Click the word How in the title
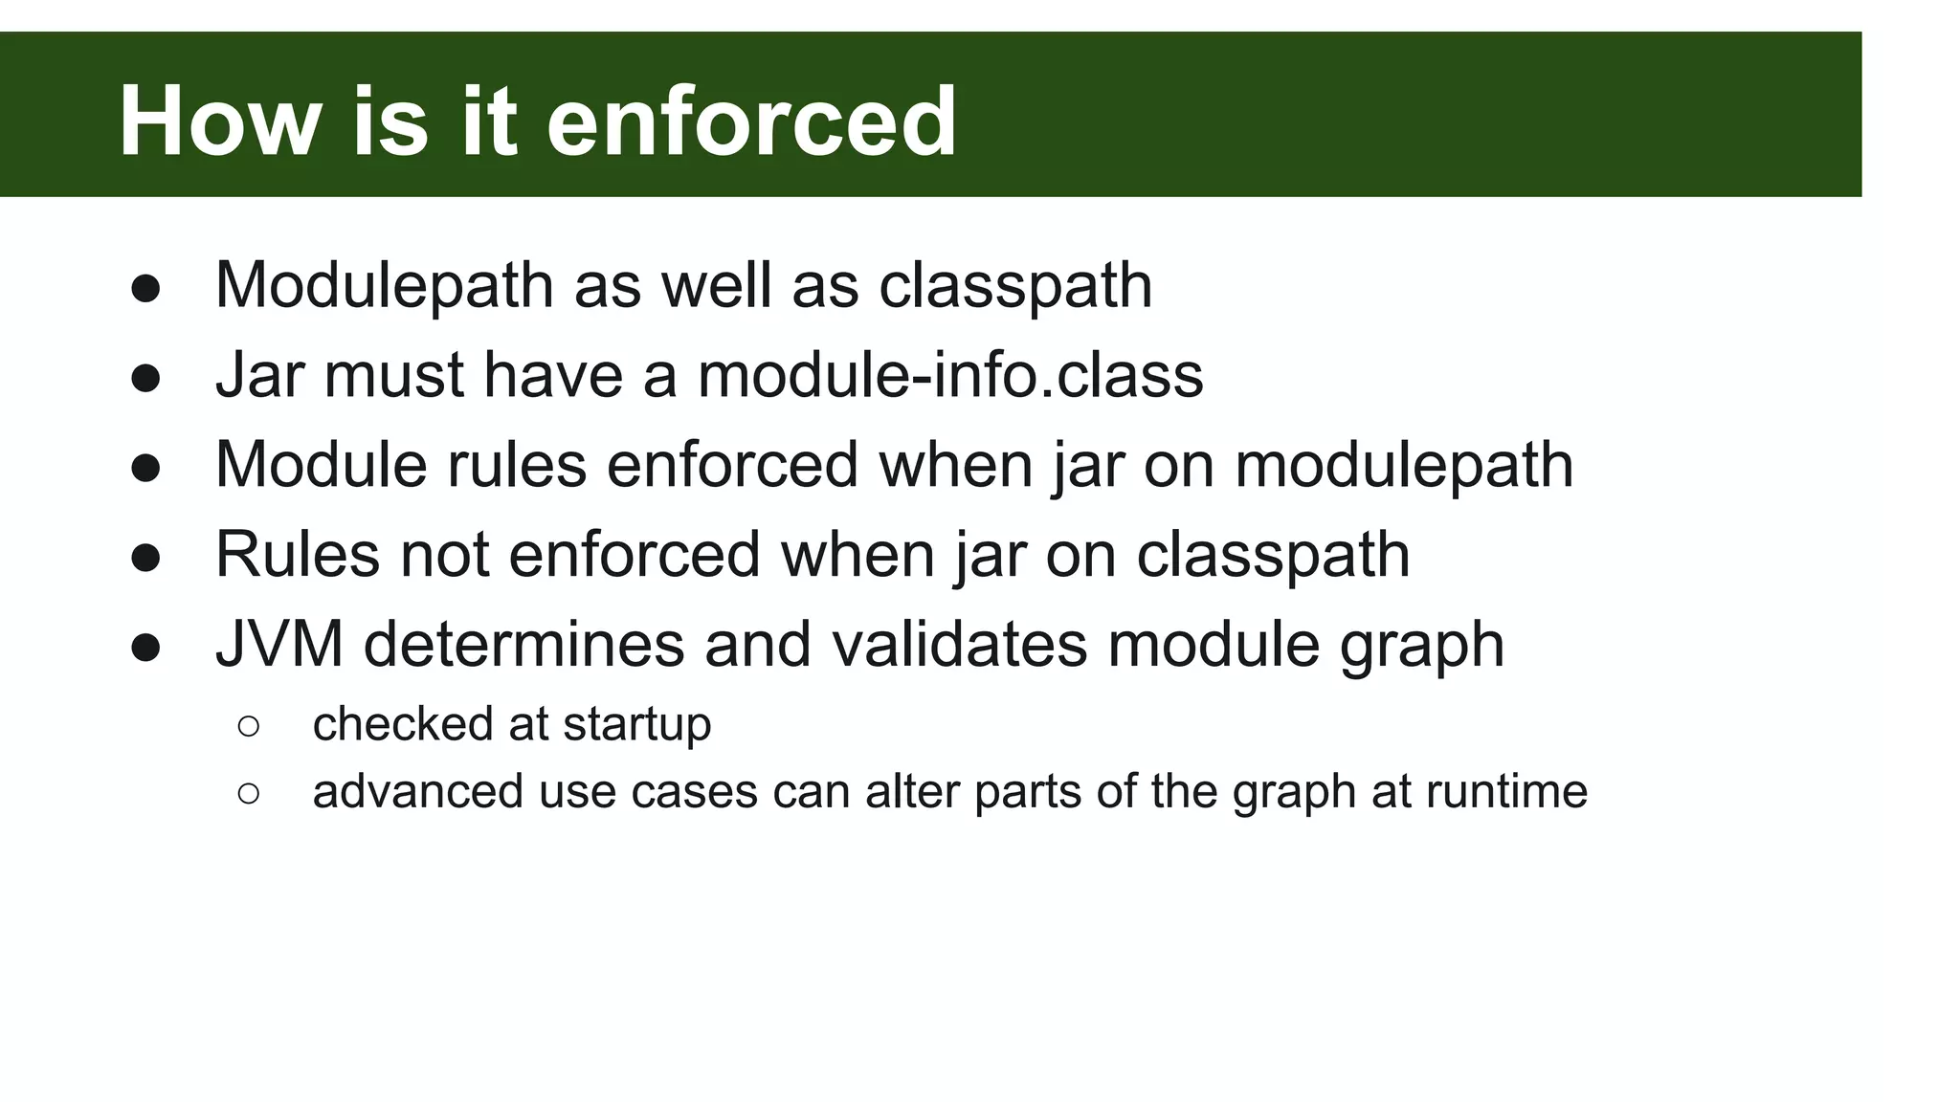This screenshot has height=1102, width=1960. tap(220, 121)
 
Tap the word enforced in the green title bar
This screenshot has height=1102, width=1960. tap(751, 121)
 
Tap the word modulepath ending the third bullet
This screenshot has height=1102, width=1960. tap(1404, 465)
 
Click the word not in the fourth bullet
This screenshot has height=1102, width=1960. tap(444, 554)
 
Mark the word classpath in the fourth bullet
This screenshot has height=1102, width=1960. tap(1273, 554)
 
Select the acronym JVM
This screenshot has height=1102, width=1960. tap(279, 644)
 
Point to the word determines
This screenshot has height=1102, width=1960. tap(524, 644)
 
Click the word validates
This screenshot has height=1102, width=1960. tap(960, 644)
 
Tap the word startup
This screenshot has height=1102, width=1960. tap(637, 724)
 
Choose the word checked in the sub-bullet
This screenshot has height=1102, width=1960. tap(402, 724)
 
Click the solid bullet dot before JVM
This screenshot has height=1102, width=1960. tap(145, 648)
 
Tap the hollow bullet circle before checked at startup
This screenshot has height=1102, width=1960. tap(248, 727)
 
